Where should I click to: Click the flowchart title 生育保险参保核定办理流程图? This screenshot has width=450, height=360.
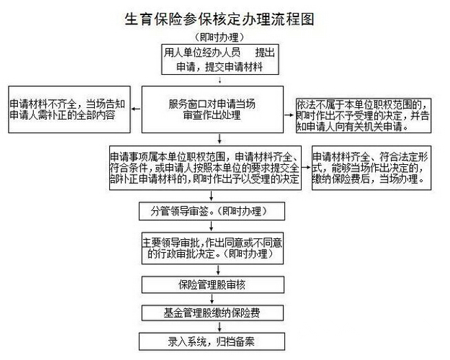218,19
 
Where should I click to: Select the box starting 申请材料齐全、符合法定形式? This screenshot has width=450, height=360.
372,168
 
